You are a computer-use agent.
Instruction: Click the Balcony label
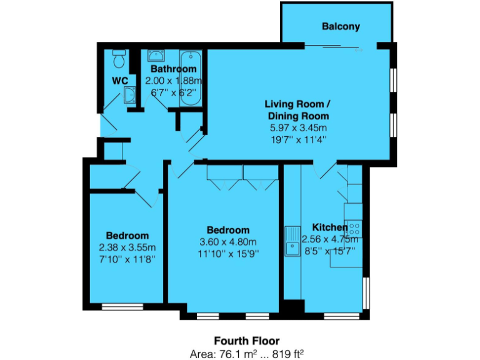point(341,26)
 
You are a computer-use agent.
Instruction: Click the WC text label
point(120,81)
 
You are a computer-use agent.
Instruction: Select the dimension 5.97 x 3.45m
point(297,127)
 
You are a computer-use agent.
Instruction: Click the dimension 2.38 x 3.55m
point(127,247)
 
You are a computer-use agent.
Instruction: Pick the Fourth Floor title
point(240,341)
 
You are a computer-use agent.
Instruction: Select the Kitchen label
point(329,227)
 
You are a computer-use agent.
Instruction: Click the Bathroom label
point(174,69)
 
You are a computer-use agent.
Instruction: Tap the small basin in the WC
point(131,95)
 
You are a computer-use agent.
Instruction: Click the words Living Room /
point(297,104)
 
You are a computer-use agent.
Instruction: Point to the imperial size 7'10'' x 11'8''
point(127,259)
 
